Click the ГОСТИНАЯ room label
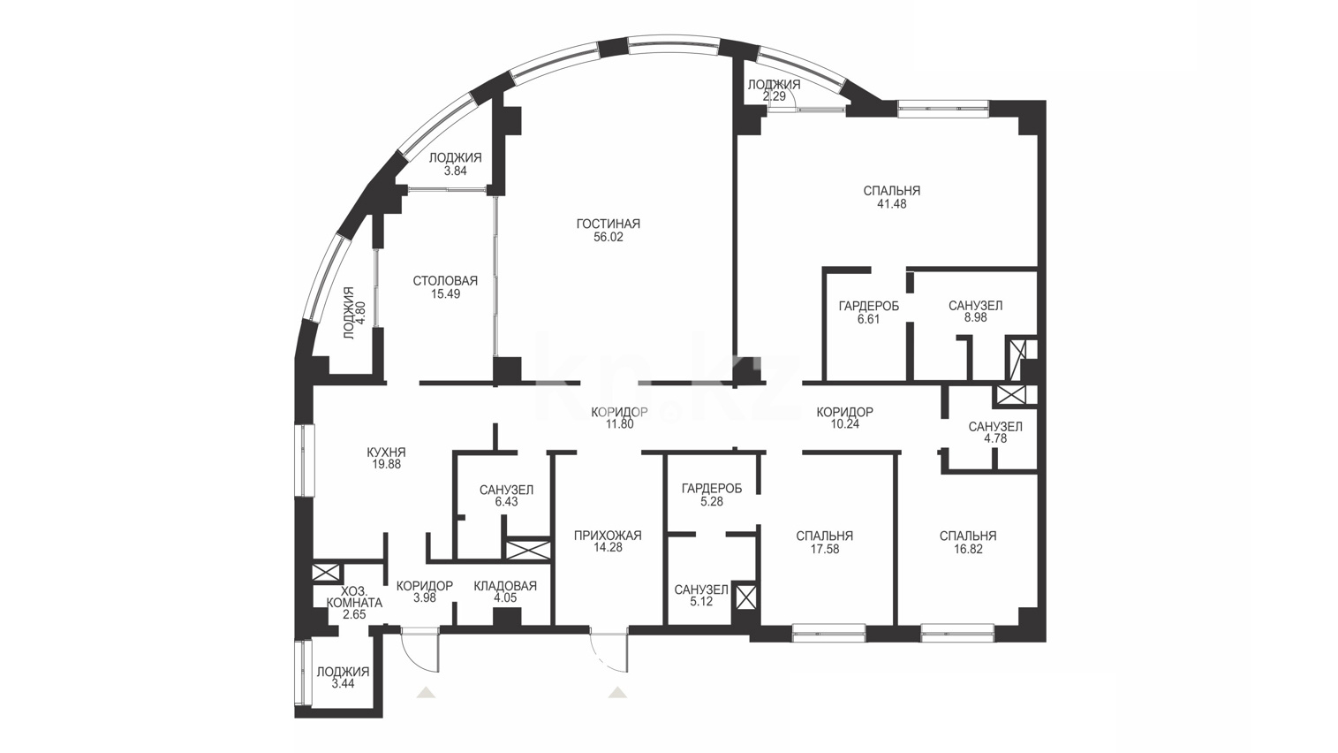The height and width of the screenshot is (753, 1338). pyautogui.click(x=609, y=224)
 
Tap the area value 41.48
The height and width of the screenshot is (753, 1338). pyautogui.click(x=891, y=204)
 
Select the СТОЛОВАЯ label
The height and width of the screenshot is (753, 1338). pyautogui.click(x=446, y=281)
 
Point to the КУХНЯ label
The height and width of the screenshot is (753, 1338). pyautogui.click(x=387, y=453)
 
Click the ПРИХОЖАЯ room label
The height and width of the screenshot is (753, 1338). pyautogui.click(x=609, y=536)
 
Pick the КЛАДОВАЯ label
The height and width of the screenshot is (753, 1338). pyautogui.click(x=505, y=586)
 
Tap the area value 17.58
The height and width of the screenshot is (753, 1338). pyautogui.click(x=824, y=549)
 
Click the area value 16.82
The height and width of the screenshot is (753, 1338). pyautogui.click(x=968, y=549)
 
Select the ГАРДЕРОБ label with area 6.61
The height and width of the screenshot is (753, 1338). pyautogui.click(x=868, y=307)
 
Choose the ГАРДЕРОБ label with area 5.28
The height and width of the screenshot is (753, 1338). pyautogui.click(x=712, y=489)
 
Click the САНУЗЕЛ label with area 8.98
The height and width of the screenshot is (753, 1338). pyautogui.click(x=975, y=306)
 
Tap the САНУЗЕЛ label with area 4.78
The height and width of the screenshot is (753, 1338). pyautogui.click(x=995, y=427)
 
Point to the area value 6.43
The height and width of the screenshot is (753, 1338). pyautogui.click(x=507, y=502)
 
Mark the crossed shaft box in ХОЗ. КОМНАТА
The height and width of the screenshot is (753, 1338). pyautogui.click(x=326, y=573)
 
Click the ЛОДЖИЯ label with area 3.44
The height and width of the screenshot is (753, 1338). pyautogui.click(x=343, y=673)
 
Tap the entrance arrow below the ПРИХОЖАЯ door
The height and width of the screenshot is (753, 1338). pyautogui.click(x=617, y=692)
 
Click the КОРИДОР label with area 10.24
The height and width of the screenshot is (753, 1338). pyautogui.click(x=844, y=412)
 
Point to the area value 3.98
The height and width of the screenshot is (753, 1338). pyautogui.click(x=425, y=598)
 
